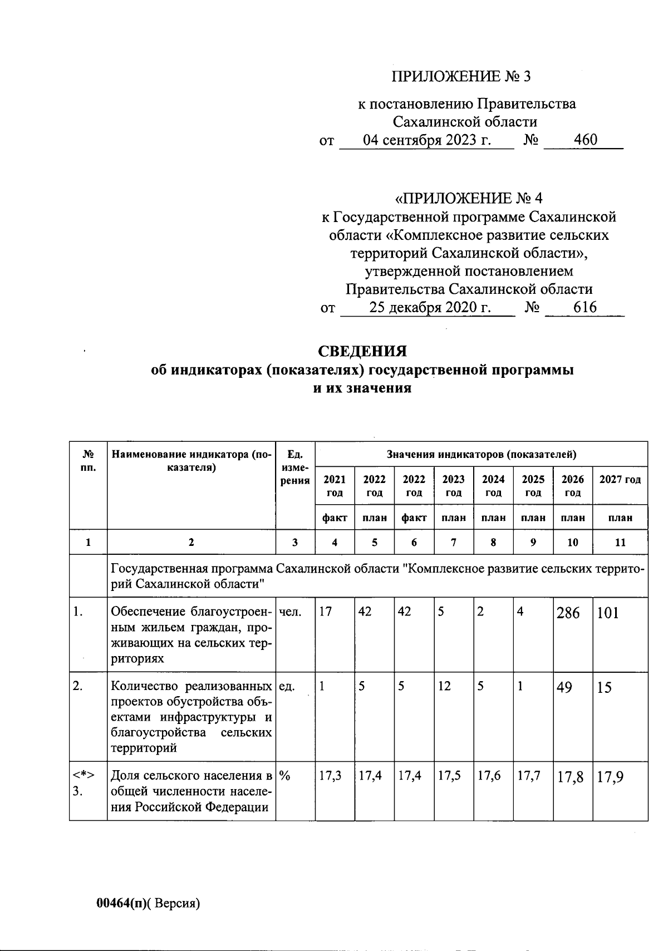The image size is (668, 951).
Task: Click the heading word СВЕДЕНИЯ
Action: click(x=362, y=351)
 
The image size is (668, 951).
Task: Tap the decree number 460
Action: click(x=586, y=140)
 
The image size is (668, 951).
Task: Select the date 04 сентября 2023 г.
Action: click(x=427, y=140)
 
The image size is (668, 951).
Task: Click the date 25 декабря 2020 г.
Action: click(x=430, y=307)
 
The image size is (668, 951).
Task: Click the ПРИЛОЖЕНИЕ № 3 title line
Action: click(x=461, y=76)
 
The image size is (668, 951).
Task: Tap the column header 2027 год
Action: click(x=620, y=480)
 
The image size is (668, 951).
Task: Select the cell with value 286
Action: click(x=568, y=613)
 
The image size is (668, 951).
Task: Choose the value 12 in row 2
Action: click(x=444, y=687)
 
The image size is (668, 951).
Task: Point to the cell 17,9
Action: click(x=610, y=777)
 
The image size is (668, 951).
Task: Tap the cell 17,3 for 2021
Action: click(x=330, y=776)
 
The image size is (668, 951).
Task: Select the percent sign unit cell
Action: click(x=286, y=776)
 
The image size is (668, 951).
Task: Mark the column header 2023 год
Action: click(x=454, y=486)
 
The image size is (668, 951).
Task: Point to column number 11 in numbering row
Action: click(x=620, y=543)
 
